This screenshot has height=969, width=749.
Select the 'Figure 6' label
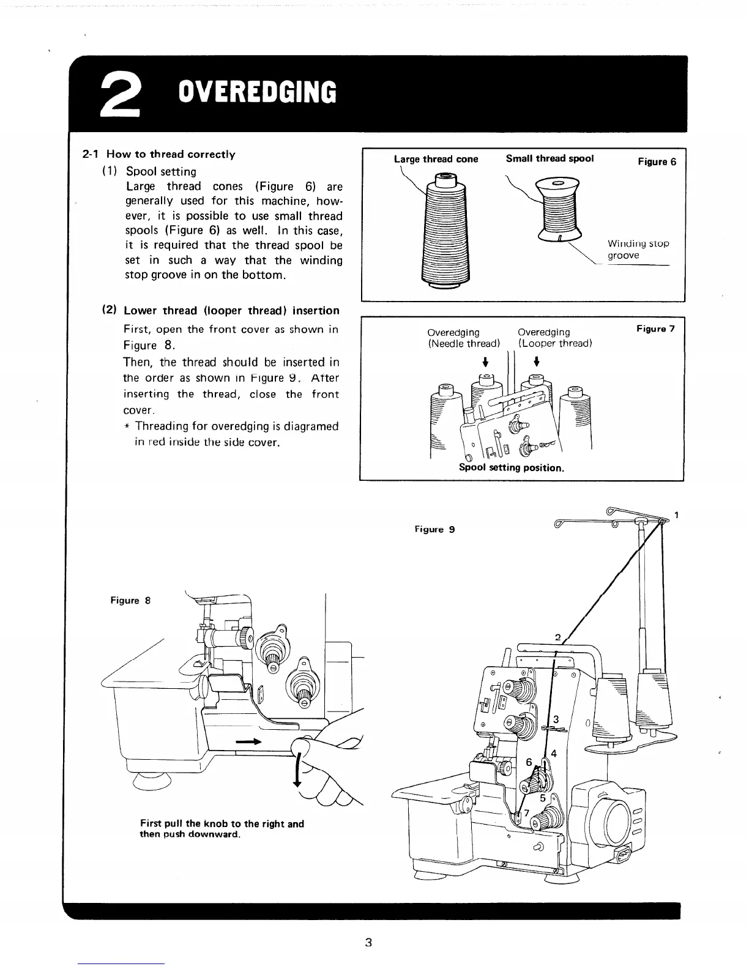pos(657,161)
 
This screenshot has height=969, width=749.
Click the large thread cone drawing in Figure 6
pos(444,232)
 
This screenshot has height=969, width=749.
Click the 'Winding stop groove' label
pos(637,249)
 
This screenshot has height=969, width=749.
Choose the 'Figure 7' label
pos(655,329)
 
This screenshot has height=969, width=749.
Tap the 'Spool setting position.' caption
pos(511,468)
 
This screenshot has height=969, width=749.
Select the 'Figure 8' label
pos(130,600)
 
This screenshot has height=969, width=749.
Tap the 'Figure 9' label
pos(434,529)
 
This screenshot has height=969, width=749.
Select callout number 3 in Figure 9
pos(556,719)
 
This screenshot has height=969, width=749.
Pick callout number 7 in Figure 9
pos(526,812)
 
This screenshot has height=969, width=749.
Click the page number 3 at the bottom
pos(368,941)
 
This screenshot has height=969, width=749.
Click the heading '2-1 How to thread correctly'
pos(158,154)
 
